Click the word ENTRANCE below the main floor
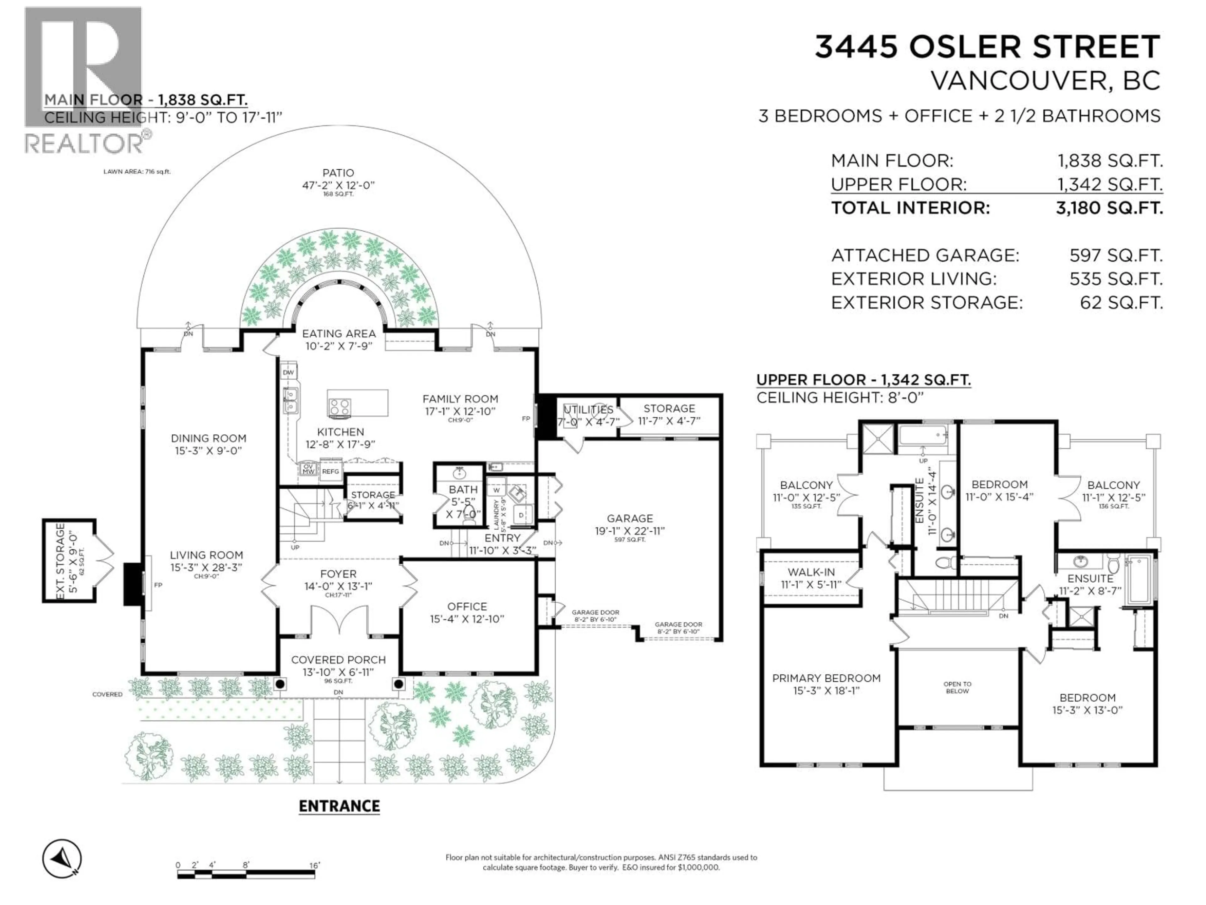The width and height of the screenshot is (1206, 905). pos(339,806)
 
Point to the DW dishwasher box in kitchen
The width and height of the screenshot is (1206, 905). pos(288,373)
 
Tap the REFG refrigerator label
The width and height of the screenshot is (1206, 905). pos(330,471)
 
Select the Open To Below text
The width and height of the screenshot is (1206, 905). pos(957,687)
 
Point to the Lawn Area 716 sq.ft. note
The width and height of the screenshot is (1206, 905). pos(137,171)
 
